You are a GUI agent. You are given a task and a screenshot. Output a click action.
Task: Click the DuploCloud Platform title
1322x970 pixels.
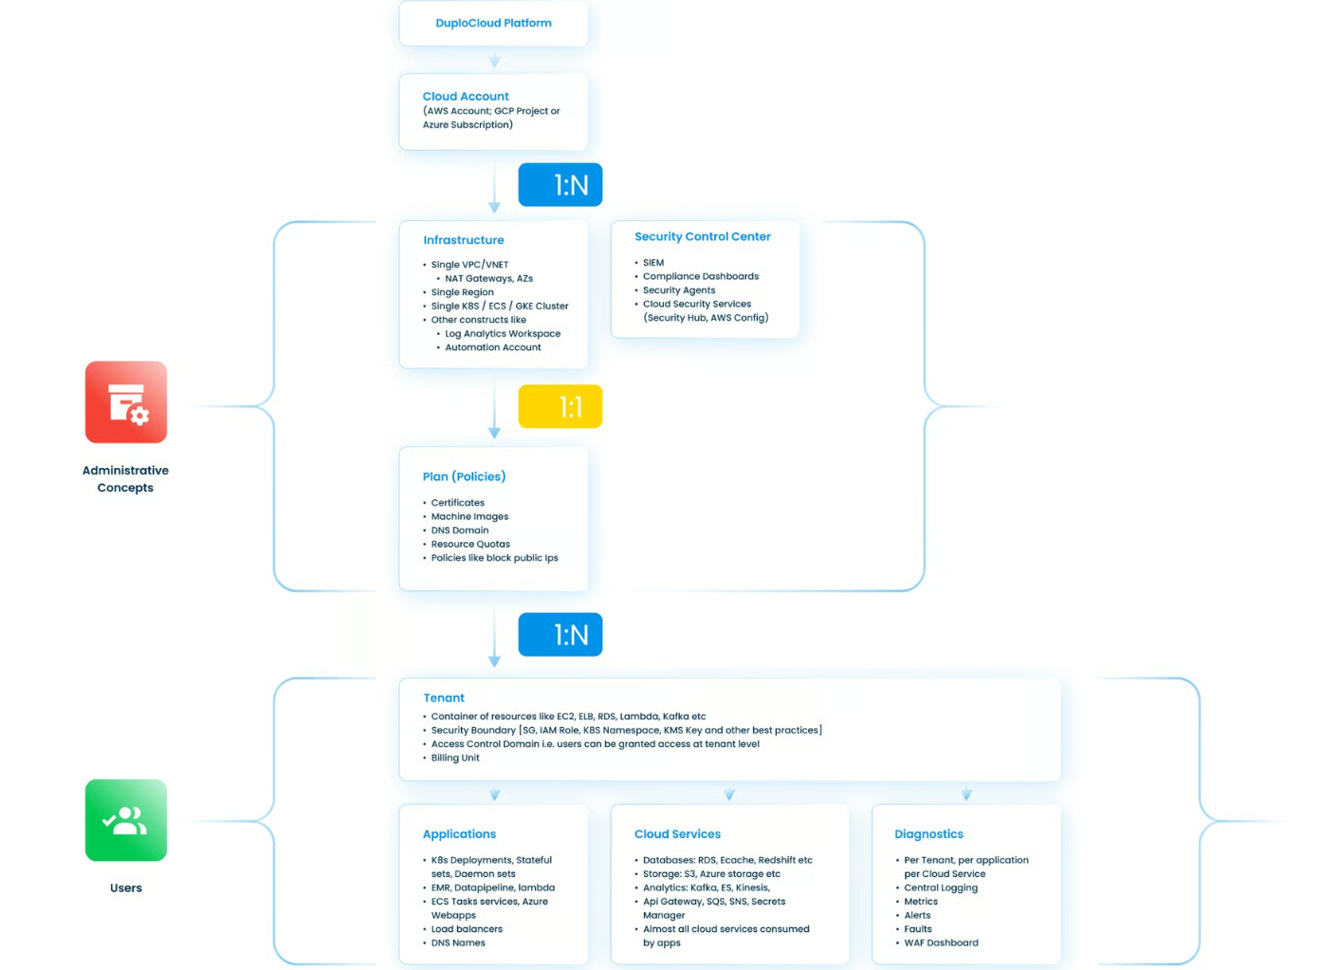493,23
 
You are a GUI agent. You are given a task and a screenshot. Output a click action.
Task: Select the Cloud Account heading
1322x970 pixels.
465,96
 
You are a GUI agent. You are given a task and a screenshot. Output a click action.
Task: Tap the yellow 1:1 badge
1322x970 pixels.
560,406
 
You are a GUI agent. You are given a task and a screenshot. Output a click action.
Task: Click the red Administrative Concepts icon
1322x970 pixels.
126,401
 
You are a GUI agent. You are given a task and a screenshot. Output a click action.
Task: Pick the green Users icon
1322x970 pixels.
126,820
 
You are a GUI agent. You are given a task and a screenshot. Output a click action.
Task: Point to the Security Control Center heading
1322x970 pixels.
703,236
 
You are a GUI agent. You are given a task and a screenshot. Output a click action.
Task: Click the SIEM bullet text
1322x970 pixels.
653,262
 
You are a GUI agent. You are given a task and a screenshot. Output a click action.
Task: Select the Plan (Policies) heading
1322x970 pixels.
464,476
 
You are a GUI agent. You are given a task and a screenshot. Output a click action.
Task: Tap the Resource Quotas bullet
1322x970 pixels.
470,544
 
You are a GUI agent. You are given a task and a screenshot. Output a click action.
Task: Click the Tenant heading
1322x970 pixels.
444,698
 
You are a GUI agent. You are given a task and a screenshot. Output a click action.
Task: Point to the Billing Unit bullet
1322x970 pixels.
455,758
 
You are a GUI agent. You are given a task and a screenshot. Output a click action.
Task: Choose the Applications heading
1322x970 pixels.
459,834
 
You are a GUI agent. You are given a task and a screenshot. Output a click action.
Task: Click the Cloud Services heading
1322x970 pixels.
677,834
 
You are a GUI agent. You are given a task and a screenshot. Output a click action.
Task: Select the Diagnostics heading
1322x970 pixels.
929,834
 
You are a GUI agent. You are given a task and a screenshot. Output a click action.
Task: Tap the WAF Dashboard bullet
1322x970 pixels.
942,942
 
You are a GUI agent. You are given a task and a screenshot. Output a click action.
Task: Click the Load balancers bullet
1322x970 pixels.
467,929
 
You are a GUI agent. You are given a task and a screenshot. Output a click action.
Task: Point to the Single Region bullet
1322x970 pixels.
462,292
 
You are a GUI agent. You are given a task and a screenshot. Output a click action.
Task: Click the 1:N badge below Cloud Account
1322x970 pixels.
560,185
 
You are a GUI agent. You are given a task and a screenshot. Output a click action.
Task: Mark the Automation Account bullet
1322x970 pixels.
493,347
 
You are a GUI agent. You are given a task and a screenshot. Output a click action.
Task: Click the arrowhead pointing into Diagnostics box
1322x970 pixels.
966,795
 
